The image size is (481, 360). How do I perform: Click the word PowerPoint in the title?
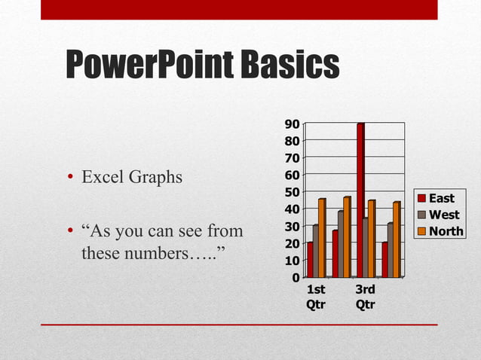149,66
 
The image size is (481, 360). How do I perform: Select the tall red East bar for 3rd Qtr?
360,200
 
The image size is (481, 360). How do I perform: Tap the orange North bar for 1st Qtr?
321,238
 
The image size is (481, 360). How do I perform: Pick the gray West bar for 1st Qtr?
315,252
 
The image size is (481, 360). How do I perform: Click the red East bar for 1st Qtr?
309,260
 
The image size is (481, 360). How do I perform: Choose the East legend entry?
442,198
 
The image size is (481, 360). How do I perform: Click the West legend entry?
443,215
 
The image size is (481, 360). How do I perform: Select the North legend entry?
446,231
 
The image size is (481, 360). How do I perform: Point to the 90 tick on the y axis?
292,124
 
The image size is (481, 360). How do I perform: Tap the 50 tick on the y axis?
292,192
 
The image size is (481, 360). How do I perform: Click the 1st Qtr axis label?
317,297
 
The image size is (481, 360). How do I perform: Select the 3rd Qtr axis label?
366,297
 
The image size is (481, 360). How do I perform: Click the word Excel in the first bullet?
102,178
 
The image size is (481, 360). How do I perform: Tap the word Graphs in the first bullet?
155,178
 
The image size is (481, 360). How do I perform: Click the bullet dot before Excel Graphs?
69,178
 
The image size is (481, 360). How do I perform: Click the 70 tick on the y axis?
292,158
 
